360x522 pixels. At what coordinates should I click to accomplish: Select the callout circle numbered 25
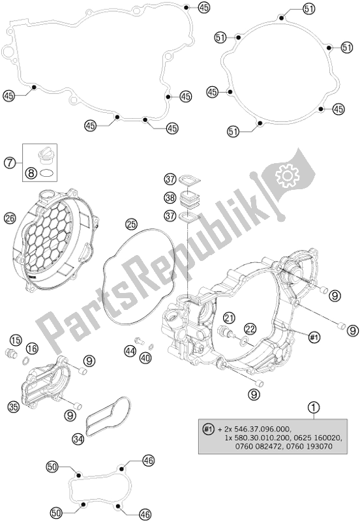click(x=133, y=224)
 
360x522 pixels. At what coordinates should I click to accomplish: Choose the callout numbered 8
click(x=31, y=174)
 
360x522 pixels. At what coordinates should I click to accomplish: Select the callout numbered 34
click(x=79, y=438)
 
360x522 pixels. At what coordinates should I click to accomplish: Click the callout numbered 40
click(x=145, y=357)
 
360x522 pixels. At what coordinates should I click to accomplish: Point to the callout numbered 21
click(x=228, y=318)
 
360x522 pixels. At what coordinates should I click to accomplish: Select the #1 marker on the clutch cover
click(x=314, y=337)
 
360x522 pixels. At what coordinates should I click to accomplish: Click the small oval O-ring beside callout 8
click(x=47, y=174)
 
